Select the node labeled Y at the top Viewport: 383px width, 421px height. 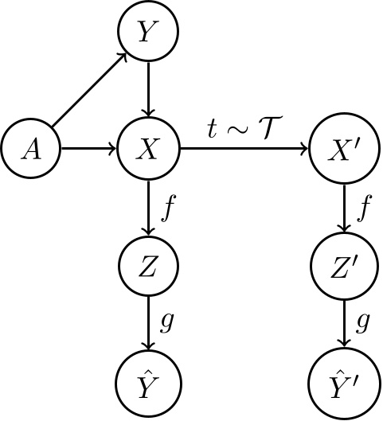[147, 33]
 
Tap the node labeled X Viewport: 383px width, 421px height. [147, 148]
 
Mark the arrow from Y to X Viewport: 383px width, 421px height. [147, 90]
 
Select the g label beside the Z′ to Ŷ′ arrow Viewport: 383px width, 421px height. [363, 322]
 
